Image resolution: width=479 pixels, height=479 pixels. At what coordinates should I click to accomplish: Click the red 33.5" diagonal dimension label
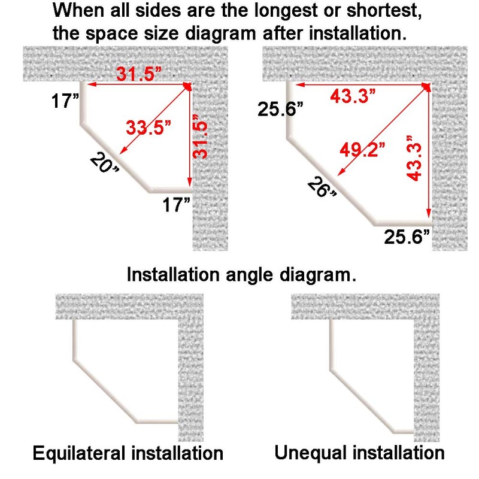[x=148, y=128]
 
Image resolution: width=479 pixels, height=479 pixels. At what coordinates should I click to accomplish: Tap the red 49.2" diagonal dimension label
[x=363, y=150]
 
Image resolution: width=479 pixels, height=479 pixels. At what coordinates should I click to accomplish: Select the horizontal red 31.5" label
[x=139, y=74]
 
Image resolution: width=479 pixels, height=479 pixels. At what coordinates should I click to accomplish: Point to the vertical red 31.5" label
[x=200, y=137]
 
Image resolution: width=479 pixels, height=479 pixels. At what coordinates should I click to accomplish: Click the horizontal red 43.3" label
[x=353, y=96]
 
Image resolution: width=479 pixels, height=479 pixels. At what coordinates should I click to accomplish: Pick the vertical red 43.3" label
[x=414, y=158]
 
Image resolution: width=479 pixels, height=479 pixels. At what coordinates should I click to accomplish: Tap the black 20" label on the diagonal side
[x=104, y=163]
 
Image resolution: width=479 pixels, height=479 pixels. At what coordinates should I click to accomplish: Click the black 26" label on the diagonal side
[x=322, y=187]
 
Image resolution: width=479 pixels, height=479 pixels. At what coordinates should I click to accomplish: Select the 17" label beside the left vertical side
[x=65, y=101]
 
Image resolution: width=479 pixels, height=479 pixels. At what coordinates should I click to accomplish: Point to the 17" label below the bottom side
[x=176, y=205]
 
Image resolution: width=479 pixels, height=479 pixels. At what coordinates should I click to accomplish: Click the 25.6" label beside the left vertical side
[x=280, y=109]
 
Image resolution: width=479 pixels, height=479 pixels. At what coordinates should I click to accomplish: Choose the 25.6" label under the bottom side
[x=407, y=237]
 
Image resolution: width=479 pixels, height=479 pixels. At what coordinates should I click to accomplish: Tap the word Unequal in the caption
[x=311, y=453]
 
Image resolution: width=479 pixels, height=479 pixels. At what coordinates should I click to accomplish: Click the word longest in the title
[x=286, y=11]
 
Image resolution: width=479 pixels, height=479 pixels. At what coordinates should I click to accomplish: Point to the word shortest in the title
[x=384, y=11]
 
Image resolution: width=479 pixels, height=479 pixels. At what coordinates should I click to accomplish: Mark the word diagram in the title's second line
[x=220, y=34]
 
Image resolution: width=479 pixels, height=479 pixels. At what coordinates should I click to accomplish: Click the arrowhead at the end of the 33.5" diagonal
[x=122, y=152]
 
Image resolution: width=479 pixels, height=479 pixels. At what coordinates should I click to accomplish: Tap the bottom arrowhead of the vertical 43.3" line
[x=429, y=214]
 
